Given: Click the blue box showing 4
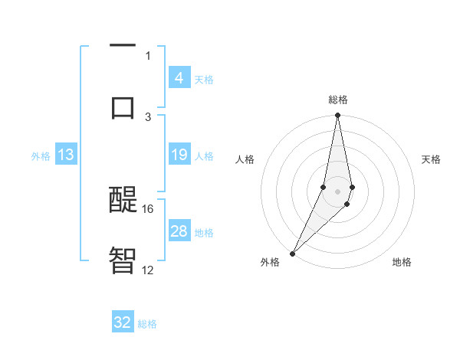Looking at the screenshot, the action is pos(179,77).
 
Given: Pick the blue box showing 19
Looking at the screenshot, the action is pos(179,155).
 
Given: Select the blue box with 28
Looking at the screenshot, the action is pos(179,231).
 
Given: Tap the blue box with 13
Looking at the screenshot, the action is pos(66,155).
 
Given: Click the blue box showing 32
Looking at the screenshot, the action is pos(123,322).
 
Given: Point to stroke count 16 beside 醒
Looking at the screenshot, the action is pos(148,208).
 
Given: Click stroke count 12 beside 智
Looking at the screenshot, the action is pos(148,270).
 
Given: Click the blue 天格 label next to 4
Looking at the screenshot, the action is pos(204,79).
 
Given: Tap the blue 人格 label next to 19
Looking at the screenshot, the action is pos(204,156).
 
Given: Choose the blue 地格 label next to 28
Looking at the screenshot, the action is pos(204,233).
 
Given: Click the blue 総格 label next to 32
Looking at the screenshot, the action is pos(147,324).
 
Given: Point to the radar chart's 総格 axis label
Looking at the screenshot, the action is pos(338,100).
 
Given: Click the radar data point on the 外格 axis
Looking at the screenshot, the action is pos(292,253).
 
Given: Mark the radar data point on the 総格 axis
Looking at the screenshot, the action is pos(337,116).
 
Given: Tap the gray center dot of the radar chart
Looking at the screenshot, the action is pos(337,191).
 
